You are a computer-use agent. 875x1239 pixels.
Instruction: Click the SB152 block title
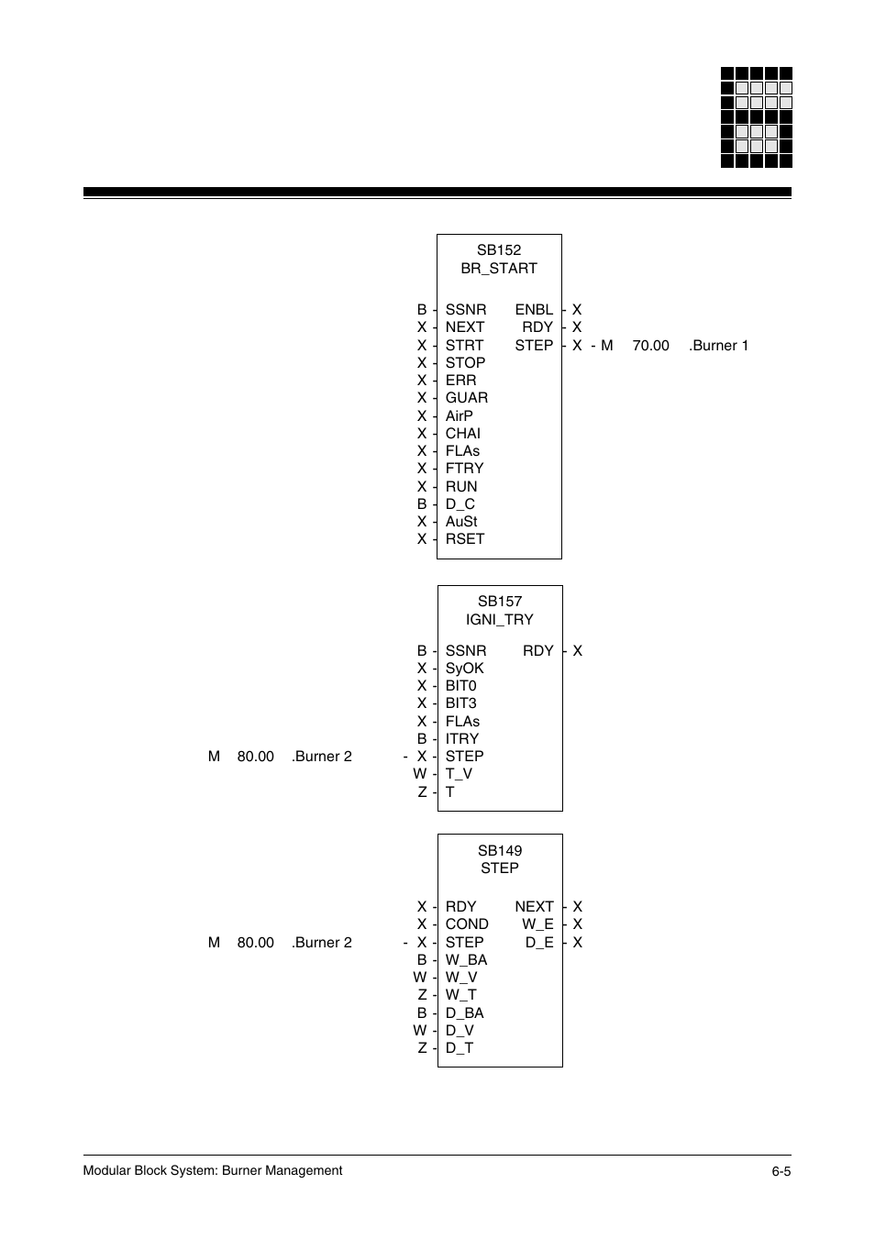click(499, 249)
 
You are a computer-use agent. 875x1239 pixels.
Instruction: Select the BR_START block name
click(499, 268)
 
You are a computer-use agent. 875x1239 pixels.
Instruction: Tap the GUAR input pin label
click(466, 398)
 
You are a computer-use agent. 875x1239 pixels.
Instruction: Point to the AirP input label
click(459, 415)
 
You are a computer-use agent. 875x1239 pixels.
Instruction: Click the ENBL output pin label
click(533, 310)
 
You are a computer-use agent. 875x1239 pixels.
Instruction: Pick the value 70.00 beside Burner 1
click(650, 346)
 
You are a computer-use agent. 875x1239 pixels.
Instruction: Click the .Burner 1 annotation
click(718, 346)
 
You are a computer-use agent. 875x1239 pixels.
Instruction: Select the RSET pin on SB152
click(464, 539)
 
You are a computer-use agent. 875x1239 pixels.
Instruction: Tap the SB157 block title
click(499, 602)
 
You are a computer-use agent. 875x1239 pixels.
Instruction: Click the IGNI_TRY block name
click(499, 619)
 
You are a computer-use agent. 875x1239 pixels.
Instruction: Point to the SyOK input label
click(464, 669)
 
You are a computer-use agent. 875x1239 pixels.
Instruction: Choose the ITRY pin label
click(461, 739)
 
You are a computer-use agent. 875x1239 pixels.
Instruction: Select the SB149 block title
click(499, 851)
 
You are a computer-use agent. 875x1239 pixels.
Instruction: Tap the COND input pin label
click(466, 924)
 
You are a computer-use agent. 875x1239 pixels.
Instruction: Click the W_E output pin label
click(537, 924)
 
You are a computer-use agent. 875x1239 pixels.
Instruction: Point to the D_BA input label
click(464, 1013)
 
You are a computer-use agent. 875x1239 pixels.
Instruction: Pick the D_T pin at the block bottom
click(459, 1048)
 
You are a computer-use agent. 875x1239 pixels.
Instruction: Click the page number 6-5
click(781, 1171)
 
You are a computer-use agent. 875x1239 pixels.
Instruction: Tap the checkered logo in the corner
click(756, 117)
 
